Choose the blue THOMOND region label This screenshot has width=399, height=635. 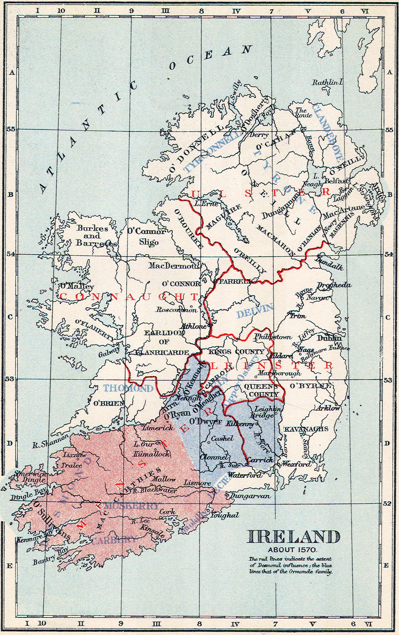[x=128, y=388]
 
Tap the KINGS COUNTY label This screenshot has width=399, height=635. [x=237, y=352]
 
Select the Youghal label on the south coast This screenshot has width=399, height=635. [x=224, y=515]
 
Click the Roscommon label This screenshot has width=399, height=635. [x=177, y=310]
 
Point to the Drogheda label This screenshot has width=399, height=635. [x=334, y=285]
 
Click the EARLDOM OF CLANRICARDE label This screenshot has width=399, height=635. [x=163, y=342]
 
